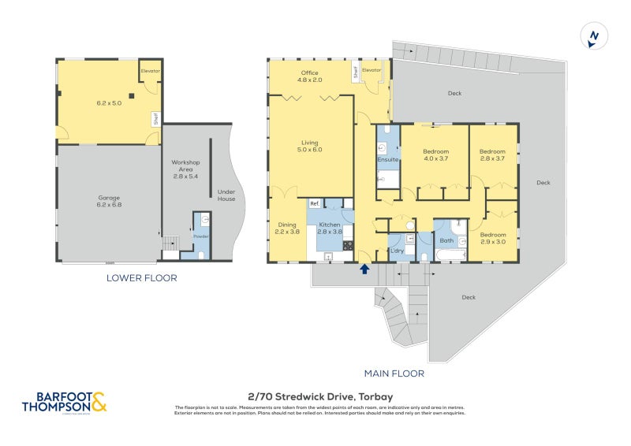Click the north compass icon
(593, 36)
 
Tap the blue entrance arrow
(364, 269)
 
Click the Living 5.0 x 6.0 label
(310, 146)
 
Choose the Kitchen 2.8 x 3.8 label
(329, 229)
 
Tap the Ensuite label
(387, 160)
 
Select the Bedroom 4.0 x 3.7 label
(435, 154)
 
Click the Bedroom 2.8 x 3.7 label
(493, 154)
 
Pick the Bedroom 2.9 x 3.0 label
(493, 238)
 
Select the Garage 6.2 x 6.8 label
(108, 202)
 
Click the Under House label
(227, 194)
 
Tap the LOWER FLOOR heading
(143, 278)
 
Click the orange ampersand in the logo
(99, 403)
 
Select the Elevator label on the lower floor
(150, 71)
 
